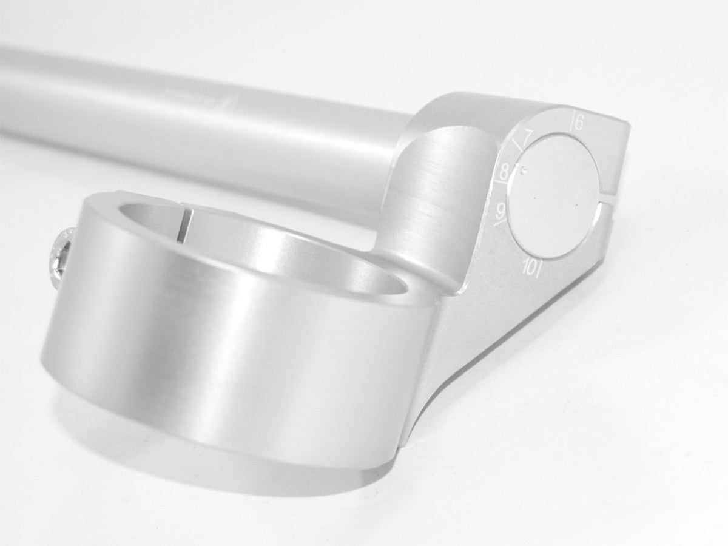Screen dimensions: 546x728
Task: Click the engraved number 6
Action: tap(579, 123)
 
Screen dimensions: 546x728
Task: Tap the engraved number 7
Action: tap(527, 135)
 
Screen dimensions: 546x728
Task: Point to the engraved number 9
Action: tap(501, 210)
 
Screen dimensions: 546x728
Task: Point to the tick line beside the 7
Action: tap(517, 144)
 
